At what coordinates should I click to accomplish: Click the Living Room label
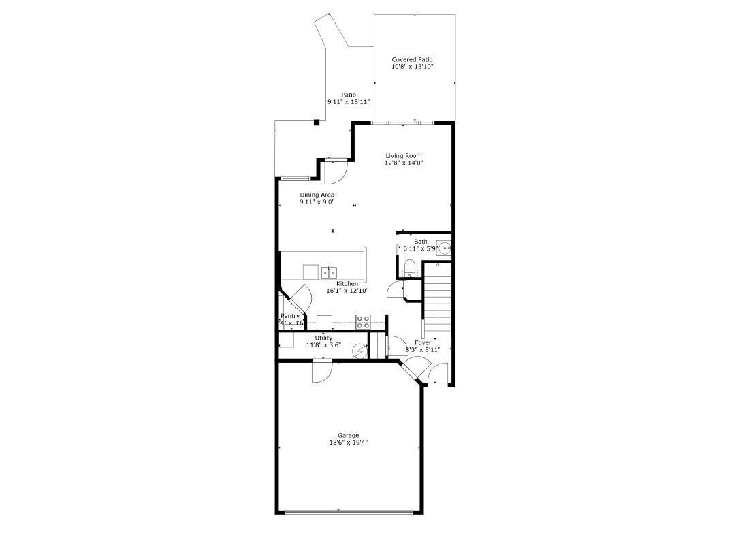(404, 156)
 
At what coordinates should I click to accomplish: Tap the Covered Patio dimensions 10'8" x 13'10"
(412, 67)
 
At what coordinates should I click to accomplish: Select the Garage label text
(348, 435)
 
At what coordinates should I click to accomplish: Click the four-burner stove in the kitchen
(363, 321)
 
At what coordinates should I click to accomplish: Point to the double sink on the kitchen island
(329, 272)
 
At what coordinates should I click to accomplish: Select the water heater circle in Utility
(359, 351)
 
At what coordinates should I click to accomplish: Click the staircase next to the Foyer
(438, 300)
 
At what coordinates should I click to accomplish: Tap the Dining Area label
(317, 195)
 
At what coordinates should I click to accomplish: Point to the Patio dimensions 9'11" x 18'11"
(349, 102)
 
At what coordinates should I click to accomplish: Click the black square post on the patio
(317, 123)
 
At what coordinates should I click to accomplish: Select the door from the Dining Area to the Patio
(336, 172)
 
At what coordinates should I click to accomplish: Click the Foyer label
(423, 342)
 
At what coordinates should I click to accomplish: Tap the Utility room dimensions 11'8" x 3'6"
(323, 345)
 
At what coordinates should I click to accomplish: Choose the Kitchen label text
(347, 283)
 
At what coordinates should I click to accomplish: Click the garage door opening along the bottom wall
(348, 512)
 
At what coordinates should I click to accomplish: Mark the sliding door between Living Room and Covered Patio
(403, 123)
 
